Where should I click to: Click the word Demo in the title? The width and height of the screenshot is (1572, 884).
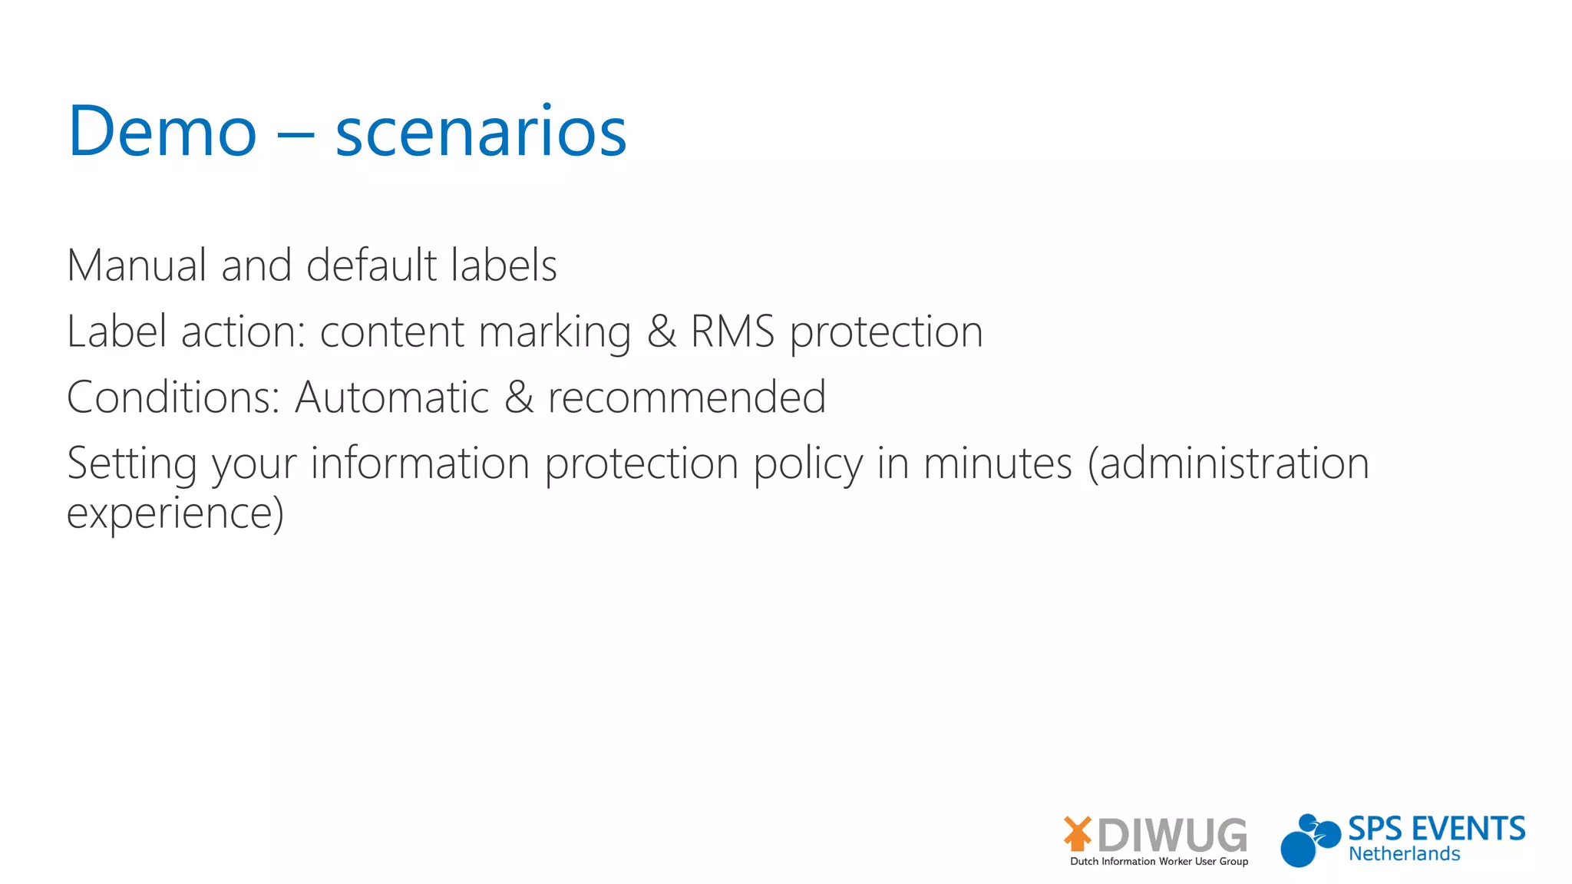pos(162,131)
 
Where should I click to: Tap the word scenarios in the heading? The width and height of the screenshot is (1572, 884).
pos(481,133)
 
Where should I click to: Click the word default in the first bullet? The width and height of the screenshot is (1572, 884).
pos(372,266)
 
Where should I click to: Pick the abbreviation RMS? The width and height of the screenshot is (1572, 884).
pos(732,331)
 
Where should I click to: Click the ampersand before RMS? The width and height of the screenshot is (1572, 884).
pos(661,332)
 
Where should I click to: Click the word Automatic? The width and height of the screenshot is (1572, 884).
pos(391,397)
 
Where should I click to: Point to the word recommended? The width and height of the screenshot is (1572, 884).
pos(686,397)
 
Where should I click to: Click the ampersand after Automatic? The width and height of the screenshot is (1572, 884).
pos(519,398)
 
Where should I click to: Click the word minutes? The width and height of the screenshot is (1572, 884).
pos(997,463)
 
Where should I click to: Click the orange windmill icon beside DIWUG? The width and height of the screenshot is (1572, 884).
pos(1078,833)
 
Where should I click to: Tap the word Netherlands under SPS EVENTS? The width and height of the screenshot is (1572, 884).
pos(1404,854)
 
